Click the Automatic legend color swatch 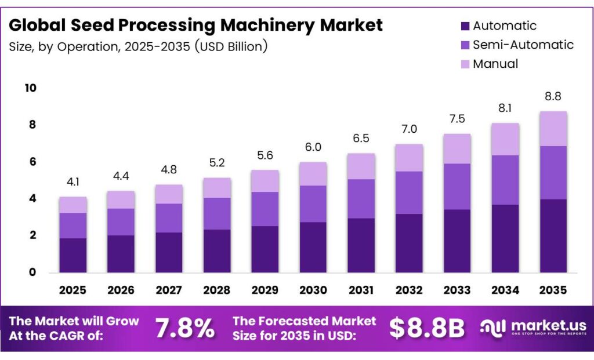464,26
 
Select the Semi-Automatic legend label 523,45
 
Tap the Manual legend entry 495,64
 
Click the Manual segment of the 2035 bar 553,129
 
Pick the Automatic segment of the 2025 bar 73,255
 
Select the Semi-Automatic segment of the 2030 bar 313,203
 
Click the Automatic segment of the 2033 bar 457,241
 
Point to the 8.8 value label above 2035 553,97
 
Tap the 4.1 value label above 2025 73,182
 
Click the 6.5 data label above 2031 360,139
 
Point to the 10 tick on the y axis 30,88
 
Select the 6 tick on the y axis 33,162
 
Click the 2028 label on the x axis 217,289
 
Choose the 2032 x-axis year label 409,289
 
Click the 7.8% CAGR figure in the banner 184,329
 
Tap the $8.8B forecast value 427,329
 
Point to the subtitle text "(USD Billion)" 232,47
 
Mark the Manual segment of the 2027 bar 169,194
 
